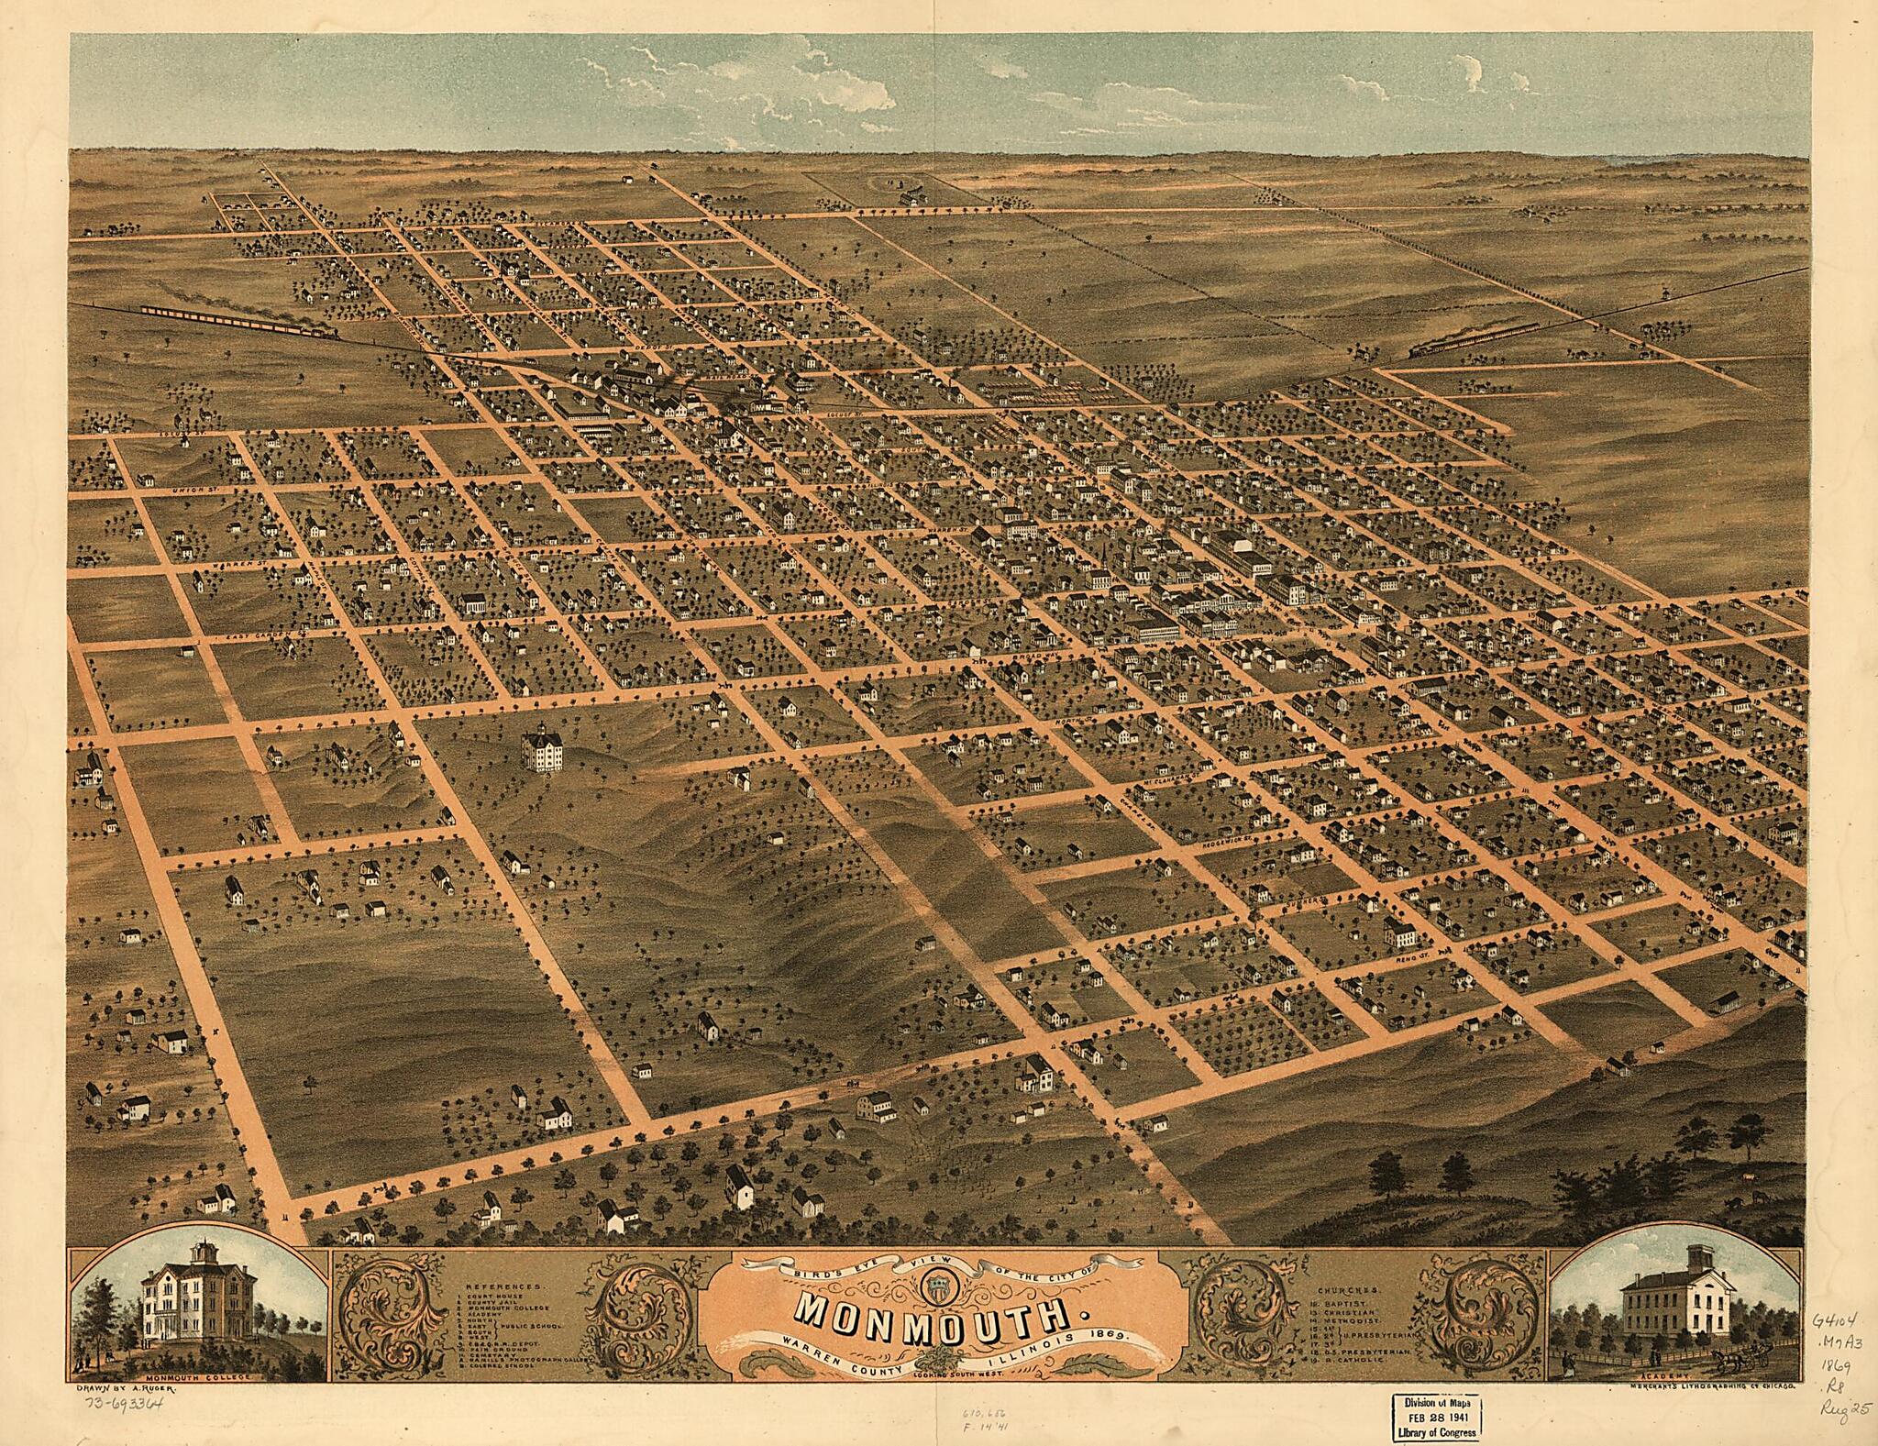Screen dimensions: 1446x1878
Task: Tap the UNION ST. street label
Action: coord(196,492)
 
